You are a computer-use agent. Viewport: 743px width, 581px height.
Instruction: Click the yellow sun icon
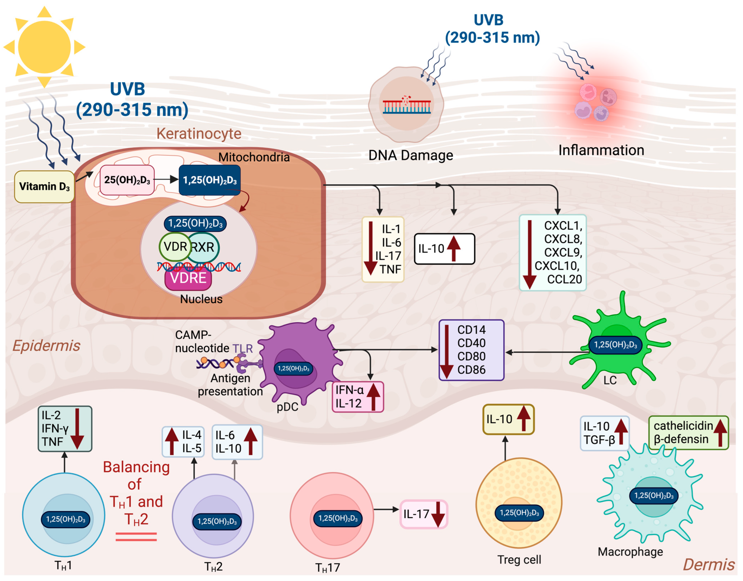tap(44, 47)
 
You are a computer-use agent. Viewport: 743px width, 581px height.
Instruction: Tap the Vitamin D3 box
tap(44, 186)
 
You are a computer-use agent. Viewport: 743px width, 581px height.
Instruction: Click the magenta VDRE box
tap(188, 278)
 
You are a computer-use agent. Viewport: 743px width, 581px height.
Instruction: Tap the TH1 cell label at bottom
tap(63, 566)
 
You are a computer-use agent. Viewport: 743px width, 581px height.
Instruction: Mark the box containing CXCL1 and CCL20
tap(552, 253)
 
